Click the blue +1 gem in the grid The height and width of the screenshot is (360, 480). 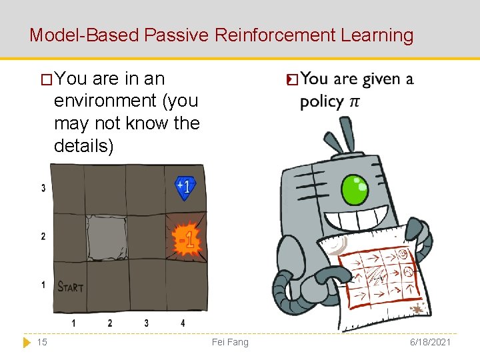(185, 187)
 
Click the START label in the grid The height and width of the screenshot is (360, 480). (71, 287)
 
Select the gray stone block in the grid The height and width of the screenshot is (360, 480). (107, 237)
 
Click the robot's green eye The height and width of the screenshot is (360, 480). (354, 191)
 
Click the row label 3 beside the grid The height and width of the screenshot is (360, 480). (43, 188)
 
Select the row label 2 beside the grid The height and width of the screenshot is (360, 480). (43, 236)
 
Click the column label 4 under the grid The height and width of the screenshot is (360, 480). (183, 323)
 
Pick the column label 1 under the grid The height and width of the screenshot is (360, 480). (73, 323)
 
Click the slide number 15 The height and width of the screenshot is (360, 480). (42, 342)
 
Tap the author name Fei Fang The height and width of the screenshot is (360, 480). (229, 342)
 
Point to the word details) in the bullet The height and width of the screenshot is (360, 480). (84, 145)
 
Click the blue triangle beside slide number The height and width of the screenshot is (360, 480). (27, 342)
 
